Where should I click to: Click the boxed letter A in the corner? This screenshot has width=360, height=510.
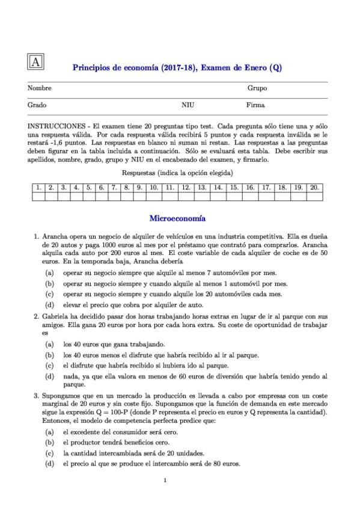point(35,63)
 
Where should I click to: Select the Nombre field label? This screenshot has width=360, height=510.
point(40,88)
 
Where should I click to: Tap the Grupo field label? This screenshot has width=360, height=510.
point(257,88)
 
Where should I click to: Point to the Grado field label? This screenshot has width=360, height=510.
point(37,105)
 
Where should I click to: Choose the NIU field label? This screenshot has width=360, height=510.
point(188,105)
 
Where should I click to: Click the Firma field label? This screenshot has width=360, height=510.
point(255,105)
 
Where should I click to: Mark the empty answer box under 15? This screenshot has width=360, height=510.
point(234,196)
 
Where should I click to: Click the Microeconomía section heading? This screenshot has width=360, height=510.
point(177,219)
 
